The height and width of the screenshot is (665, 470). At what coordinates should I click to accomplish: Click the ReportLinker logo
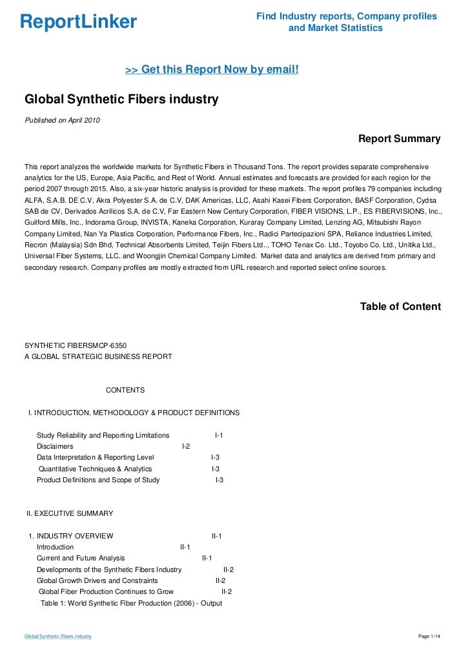coord(78,22)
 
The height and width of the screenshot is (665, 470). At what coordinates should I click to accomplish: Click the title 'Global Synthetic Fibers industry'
coord(121,100)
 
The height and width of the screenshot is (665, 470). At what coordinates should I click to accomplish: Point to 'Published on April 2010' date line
coord(62,121)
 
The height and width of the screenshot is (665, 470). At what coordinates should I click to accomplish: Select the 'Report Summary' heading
coord(399,139)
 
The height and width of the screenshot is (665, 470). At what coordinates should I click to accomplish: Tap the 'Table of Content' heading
coord(400,307)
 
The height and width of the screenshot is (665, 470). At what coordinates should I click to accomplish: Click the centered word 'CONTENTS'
coord(125,390)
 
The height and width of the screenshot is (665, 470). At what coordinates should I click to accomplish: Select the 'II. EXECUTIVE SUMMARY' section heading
coord(70,513)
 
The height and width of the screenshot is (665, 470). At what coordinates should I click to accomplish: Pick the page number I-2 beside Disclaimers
coord(186,446)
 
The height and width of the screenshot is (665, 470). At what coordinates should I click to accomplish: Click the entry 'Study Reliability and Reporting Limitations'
coord(103,435)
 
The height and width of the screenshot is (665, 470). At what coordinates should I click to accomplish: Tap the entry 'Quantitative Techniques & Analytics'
coord(96,469)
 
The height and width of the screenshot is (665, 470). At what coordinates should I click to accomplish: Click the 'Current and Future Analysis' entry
coord(81,558)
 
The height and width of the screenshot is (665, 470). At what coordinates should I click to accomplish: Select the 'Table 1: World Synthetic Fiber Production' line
coord(131,603)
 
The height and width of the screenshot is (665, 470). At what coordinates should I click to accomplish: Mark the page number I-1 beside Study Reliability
coord(219,435)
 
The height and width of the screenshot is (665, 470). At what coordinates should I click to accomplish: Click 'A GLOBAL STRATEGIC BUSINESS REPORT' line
coord(98,356)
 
